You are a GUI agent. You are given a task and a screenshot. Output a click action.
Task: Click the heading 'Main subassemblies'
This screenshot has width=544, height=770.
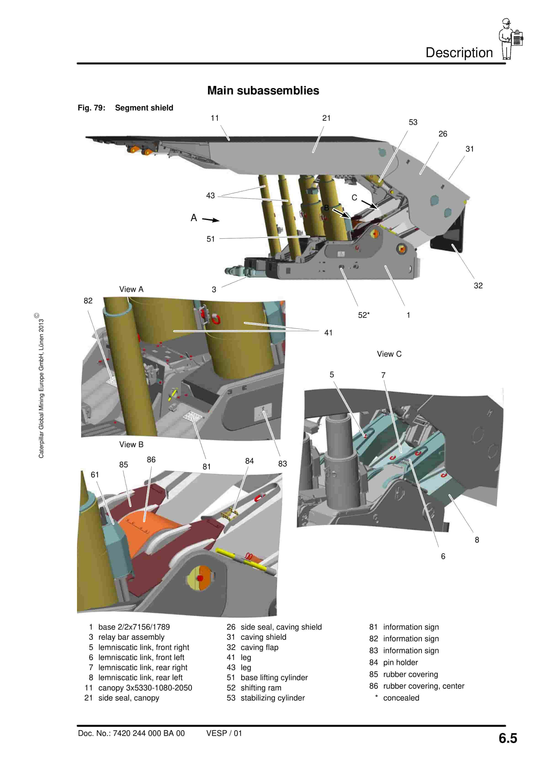pyautogui.click(x=263, y=91)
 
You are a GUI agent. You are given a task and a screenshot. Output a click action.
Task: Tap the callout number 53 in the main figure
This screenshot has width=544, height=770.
pyautogui.click(x=413, y=122)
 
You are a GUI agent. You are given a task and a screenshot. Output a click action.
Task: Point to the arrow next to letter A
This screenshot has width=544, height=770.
pyautogui.click(x=210, y=220)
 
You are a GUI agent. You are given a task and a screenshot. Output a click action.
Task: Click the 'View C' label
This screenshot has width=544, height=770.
pyautogui.click(x=389, y=354)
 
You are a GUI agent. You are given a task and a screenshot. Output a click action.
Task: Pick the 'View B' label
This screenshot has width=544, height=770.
pyautogui.click(x=131, y=444)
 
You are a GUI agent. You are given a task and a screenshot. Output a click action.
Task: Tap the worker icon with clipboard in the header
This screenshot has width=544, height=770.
pyautogui.click(x=510, y=39)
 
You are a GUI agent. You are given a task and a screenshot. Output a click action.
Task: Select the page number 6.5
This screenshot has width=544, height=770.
pyautogui.click(x=508, y=738)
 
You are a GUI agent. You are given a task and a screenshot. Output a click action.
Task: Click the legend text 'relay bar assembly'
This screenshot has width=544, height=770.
pyautogui.click(x=131, y=637)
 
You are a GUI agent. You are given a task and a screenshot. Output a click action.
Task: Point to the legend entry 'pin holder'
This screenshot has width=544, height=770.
pyautogui.click(x=401, y=662)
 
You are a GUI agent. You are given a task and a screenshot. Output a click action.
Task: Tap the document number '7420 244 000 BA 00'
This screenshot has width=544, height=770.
pyautogui.click(x=149, y=733)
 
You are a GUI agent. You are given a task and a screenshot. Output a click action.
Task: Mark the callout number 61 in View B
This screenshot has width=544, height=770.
pyautogui.click(x=95, y=475)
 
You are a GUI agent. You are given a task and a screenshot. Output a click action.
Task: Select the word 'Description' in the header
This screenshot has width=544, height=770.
pyautogui.click(x=459, y=53)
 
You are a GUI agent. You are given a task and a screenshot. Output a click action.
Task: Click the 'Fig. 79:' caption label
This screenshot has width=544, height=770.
pyautogui.click(x=92, y=108)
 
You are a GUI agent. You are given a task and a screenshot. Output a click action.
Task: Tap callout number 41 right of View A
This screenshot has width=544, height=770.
pyautogui.click(x=328, y=332)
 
